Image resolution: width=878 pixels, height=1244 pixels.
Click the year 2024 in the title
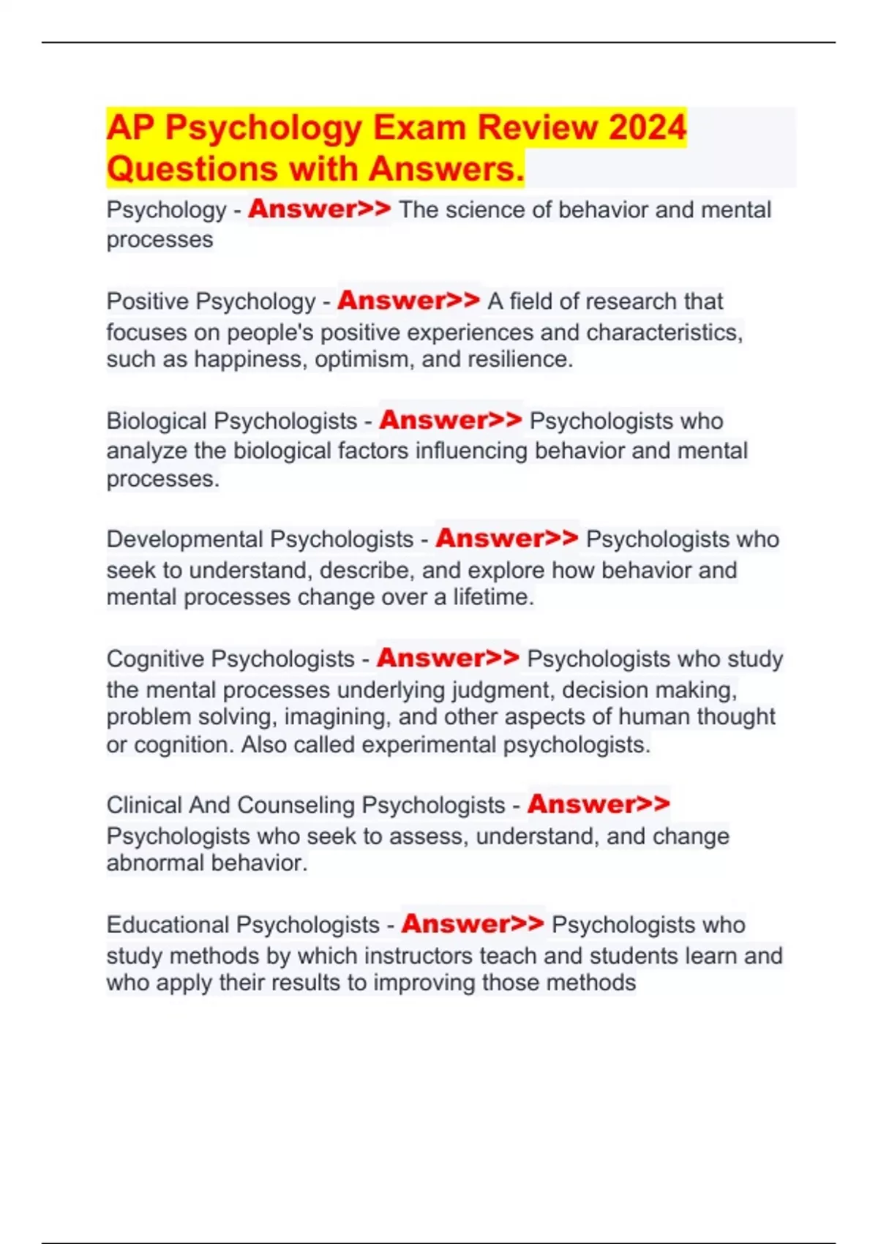[647, 127]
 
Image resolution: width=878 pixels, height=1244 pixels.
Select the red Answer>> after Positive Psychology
[408, 300]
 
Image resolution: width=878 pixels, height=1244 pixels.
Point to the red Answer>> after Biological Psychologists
[450, 420]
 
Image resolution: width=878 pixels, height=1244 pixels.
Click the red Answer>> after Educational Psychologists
[472, 923]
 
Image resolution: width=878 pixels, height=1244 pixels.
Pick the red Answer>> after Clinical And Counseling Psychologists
[598, 803]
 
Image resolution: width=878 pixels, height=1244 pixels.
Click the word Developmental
[185, 539]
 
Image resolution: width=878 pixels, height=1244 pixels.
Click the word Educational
[168, 925]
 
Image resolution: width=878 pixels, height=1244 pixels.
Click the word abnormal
[154, 863]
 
